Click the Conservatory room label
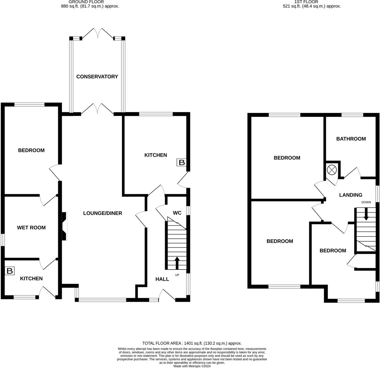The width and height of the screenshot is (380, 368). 97,77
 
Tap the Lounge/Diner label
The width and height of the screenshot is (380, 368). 102,213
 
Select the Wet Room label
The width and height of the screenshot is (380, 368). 31,228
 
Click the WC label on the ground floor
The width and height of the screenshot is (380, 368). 177,213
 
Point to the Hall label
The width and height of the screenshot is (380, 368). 162,279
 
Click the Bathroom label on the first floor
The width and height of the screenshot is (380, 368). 351,139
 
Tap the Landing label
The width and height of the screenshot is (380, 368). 350,195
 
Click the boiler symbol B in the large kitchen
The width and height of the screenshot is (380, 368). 181,163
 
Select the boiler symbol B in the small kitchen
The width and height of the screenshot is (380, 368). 10,271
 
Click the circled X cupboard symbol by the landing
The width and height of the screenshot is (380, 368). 332,169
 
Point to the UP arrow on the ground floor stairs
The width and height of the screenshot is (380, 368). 177,263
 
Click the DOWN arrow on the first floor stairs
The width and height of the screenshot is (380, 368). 366,214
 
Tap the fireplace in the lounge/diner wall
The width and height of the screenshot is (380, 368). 64,226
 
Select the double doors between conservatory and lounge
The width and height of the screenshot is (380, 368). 98,109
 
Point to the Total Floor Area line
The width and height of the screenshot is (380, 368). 192,343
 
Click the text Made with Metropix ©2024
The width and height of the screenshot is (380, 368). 192,366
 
